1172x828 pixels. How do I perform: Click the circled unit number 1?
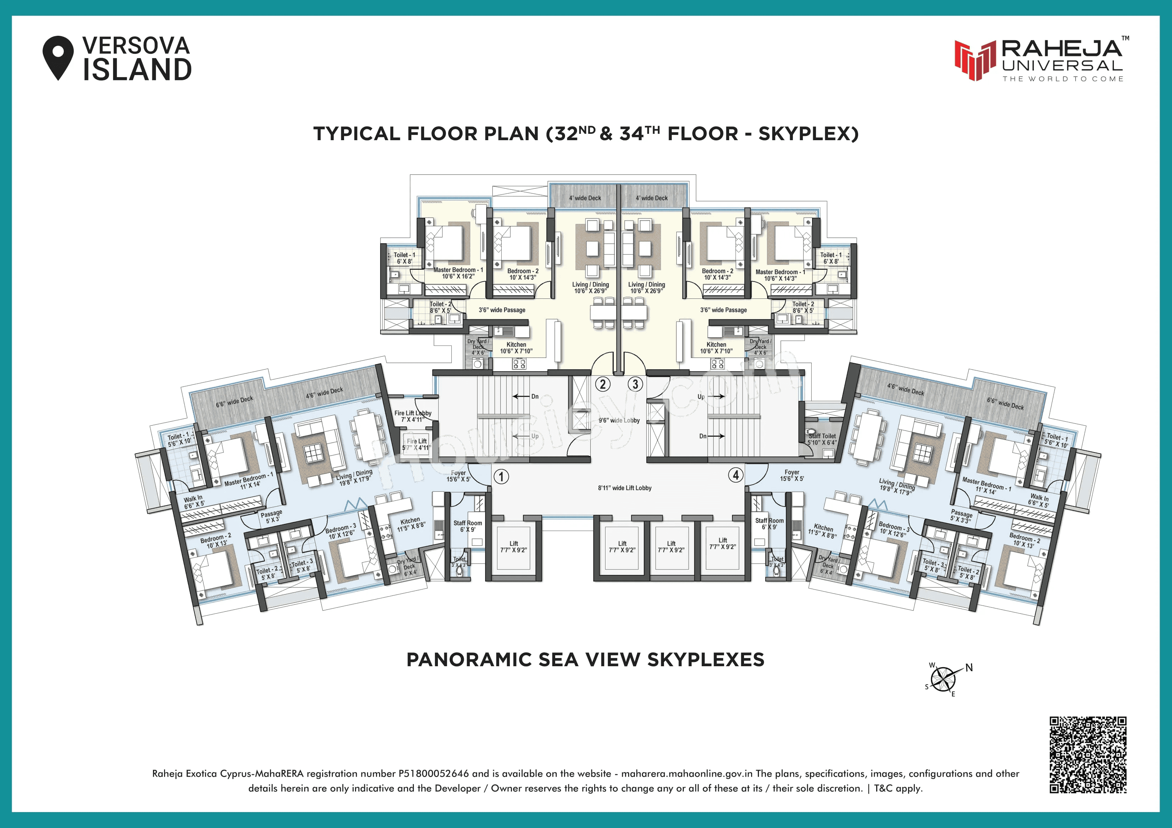point(501,476)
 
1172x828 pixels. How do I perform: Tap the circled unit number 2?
point(603,384)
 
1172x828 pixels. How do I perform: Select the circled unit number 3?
point(635,384)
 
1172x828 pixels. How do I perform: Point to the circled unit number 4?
point(736,475)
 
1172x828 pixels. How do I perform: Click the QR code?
point(1088,754)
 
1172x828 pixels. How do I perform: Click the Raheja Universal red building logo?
point(975,60)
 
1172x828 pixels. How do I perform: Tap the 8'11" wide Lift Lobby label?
point(625,488)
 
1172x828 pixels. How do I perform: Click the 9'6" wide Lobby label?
point(619,421)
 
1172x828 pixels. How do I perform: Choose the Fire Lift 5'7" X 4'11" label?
point(417,444)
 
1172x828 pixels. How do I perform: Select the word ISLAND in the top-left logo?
point(137,70)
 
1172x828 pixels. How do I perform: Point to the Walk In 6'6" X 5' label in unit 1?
point(194,502)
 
